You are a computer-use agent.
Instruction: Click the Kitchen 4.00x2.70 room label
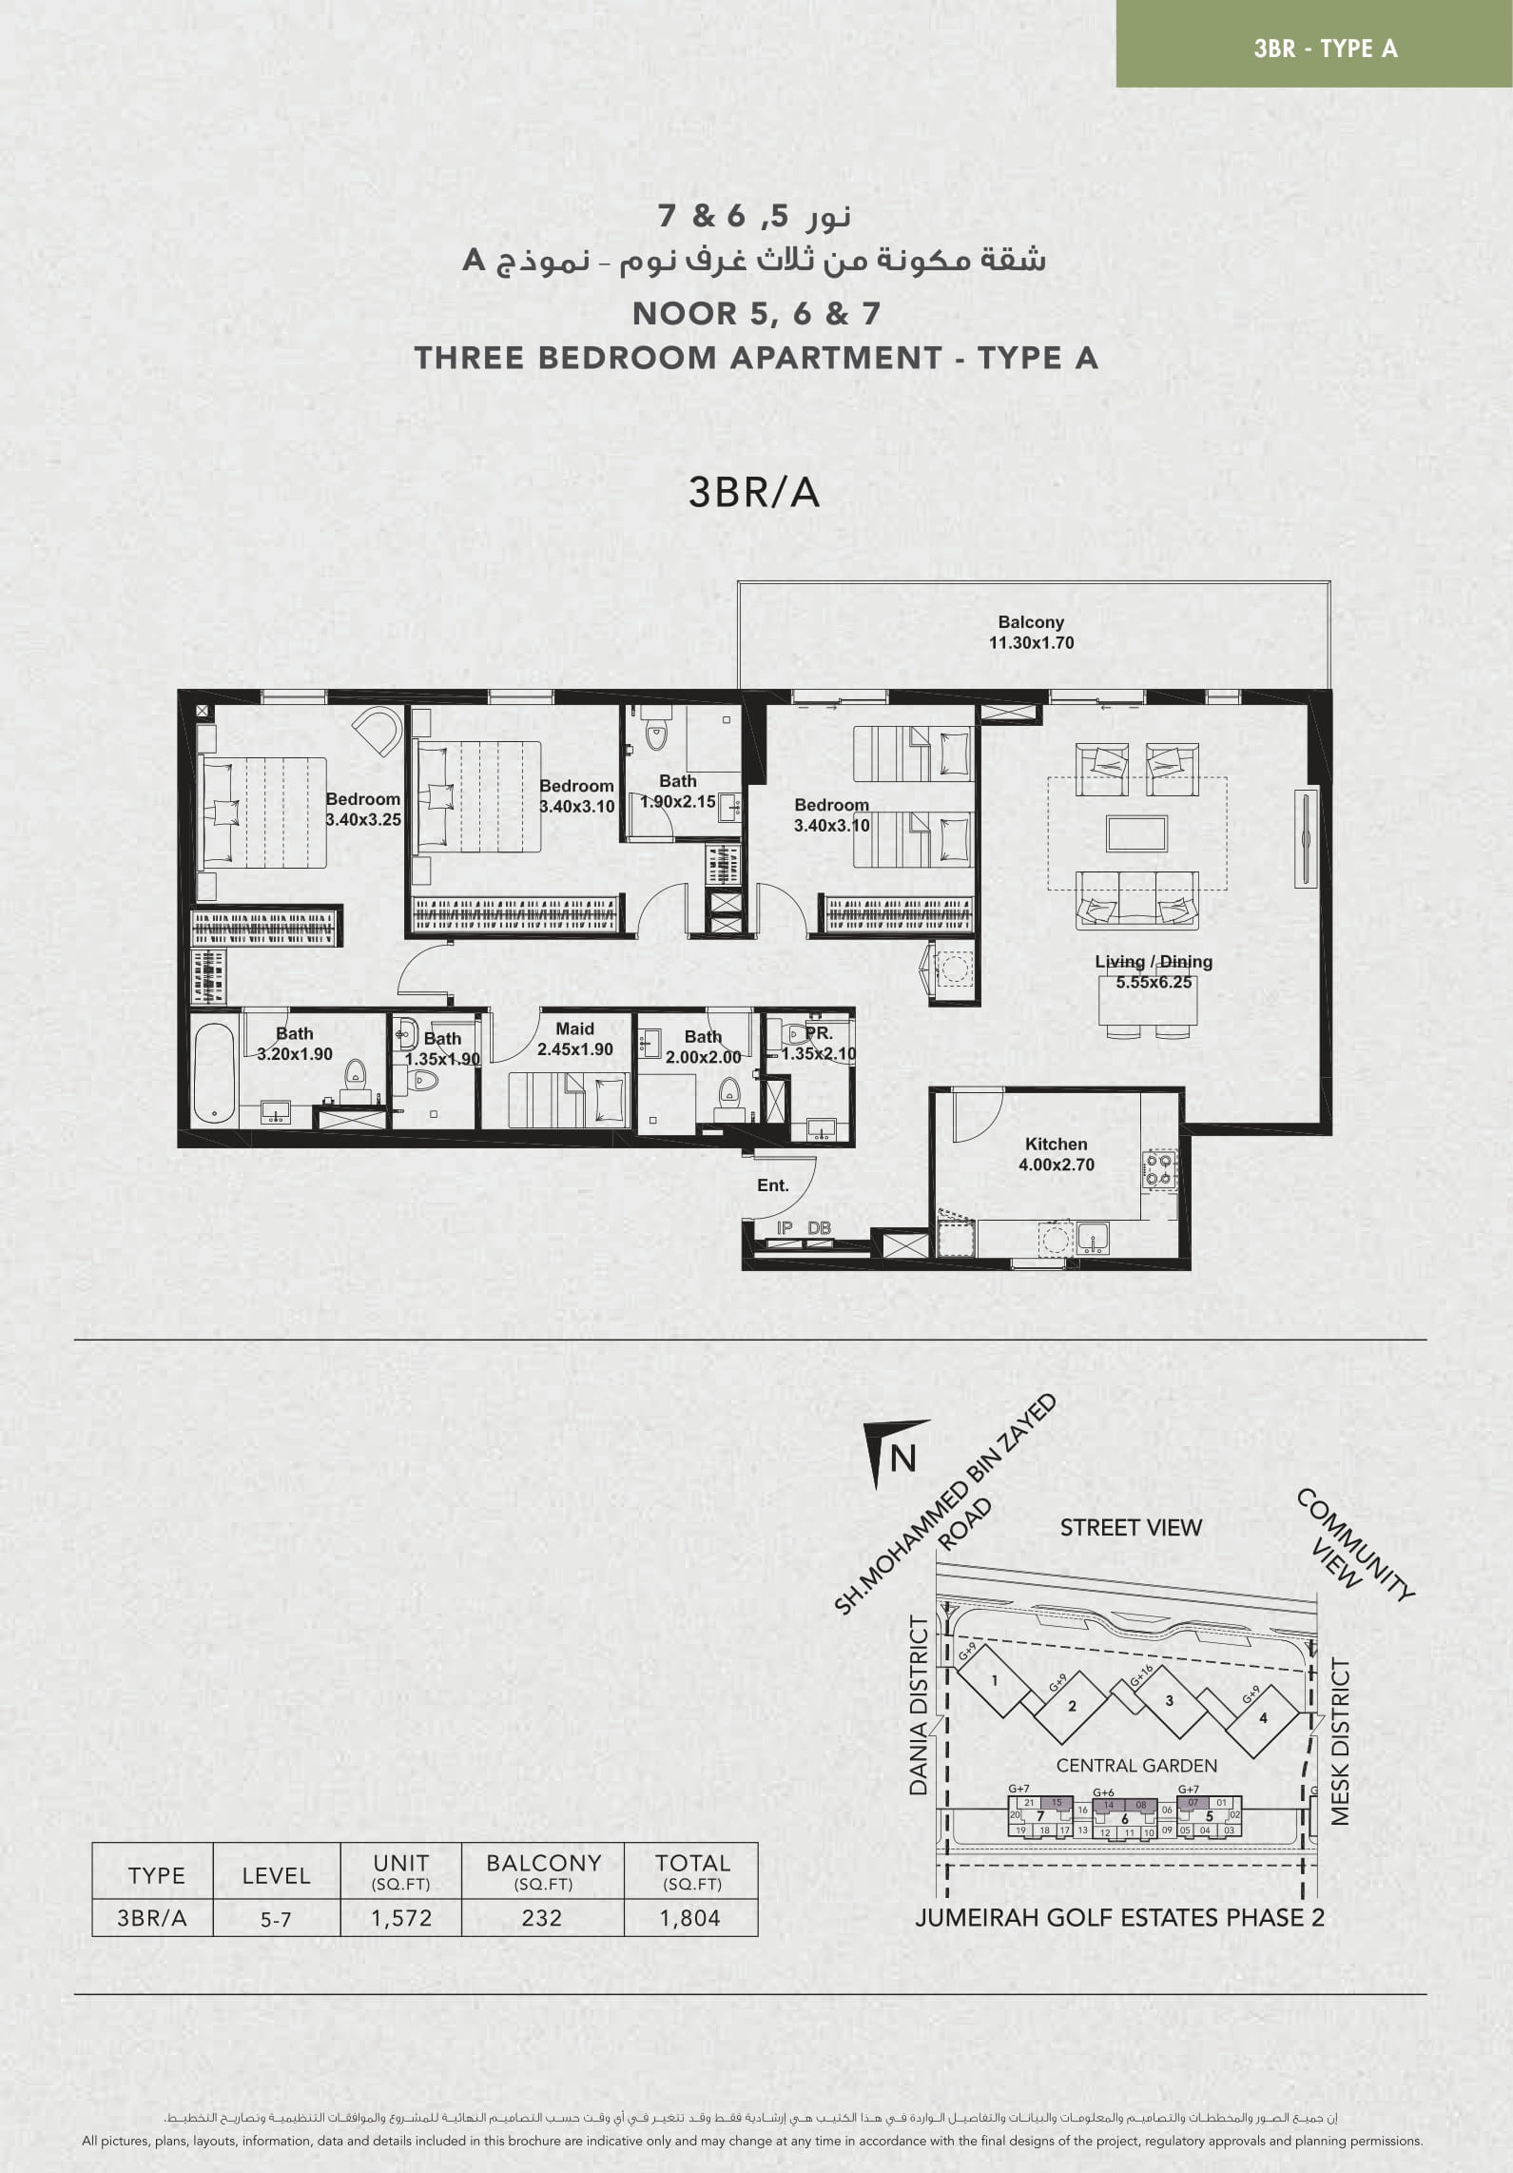pos(1057,1154)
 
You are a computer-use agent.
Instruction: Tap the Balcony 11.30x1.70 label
pos(1031,632)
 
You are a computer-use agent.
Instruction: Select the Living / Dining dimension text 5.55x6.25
pos(1154,982)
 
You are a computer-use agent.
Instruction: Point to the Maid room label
pos(574,1028)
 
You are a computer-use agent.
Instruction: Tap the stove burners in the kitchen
pos(1159,1170)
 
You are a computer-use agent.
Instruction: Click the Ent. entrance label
pos(773,1185)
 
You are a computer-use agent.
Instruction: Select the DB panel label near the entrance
pos(819,1228)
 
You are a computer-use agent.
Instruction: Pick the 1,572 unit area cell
pos(401,1918)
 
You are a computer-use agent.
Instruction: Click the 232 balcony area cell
pos(542,1918)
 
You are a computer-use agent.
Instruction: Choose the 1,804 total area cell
pos(690,1918)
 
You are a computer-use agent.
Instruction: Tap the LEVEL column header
pos(276,1875)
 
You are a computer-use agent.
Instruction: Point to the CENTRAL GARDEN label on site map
pos(1136,1766)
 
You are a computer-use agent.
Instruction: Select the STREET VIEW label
pos(1131,1527)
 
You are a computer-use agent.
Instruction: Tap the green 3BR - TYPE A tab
pos(1314,44)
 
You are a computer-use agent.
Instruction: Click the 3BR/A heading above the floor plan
pos(753,493)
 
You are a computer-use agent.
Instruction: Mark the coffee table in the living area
pos(1137,833)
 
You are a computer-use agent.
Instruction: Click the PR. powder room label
pos(819,1033)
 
